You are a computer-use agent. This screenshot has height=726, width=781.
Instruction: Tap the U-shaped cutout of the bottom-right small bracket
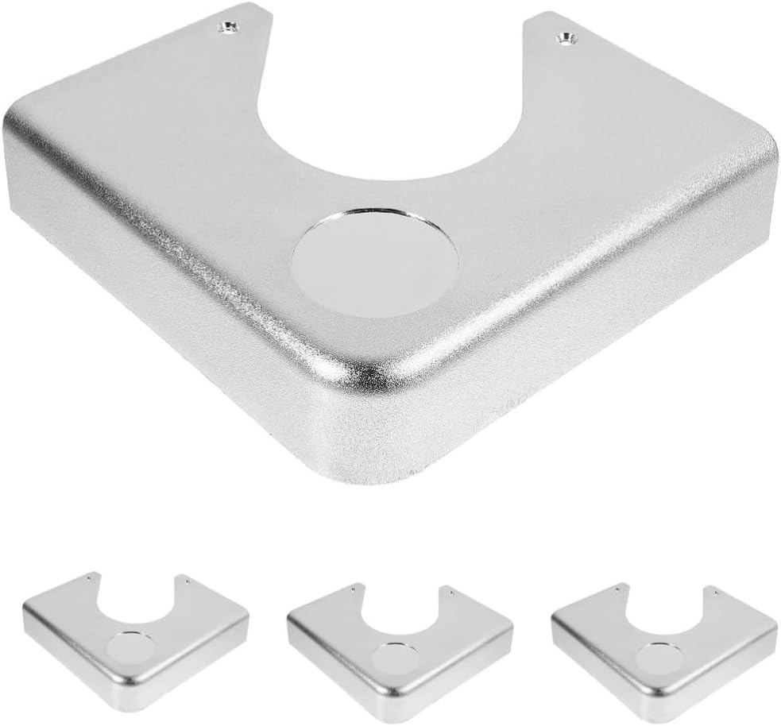click(667, 611)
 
